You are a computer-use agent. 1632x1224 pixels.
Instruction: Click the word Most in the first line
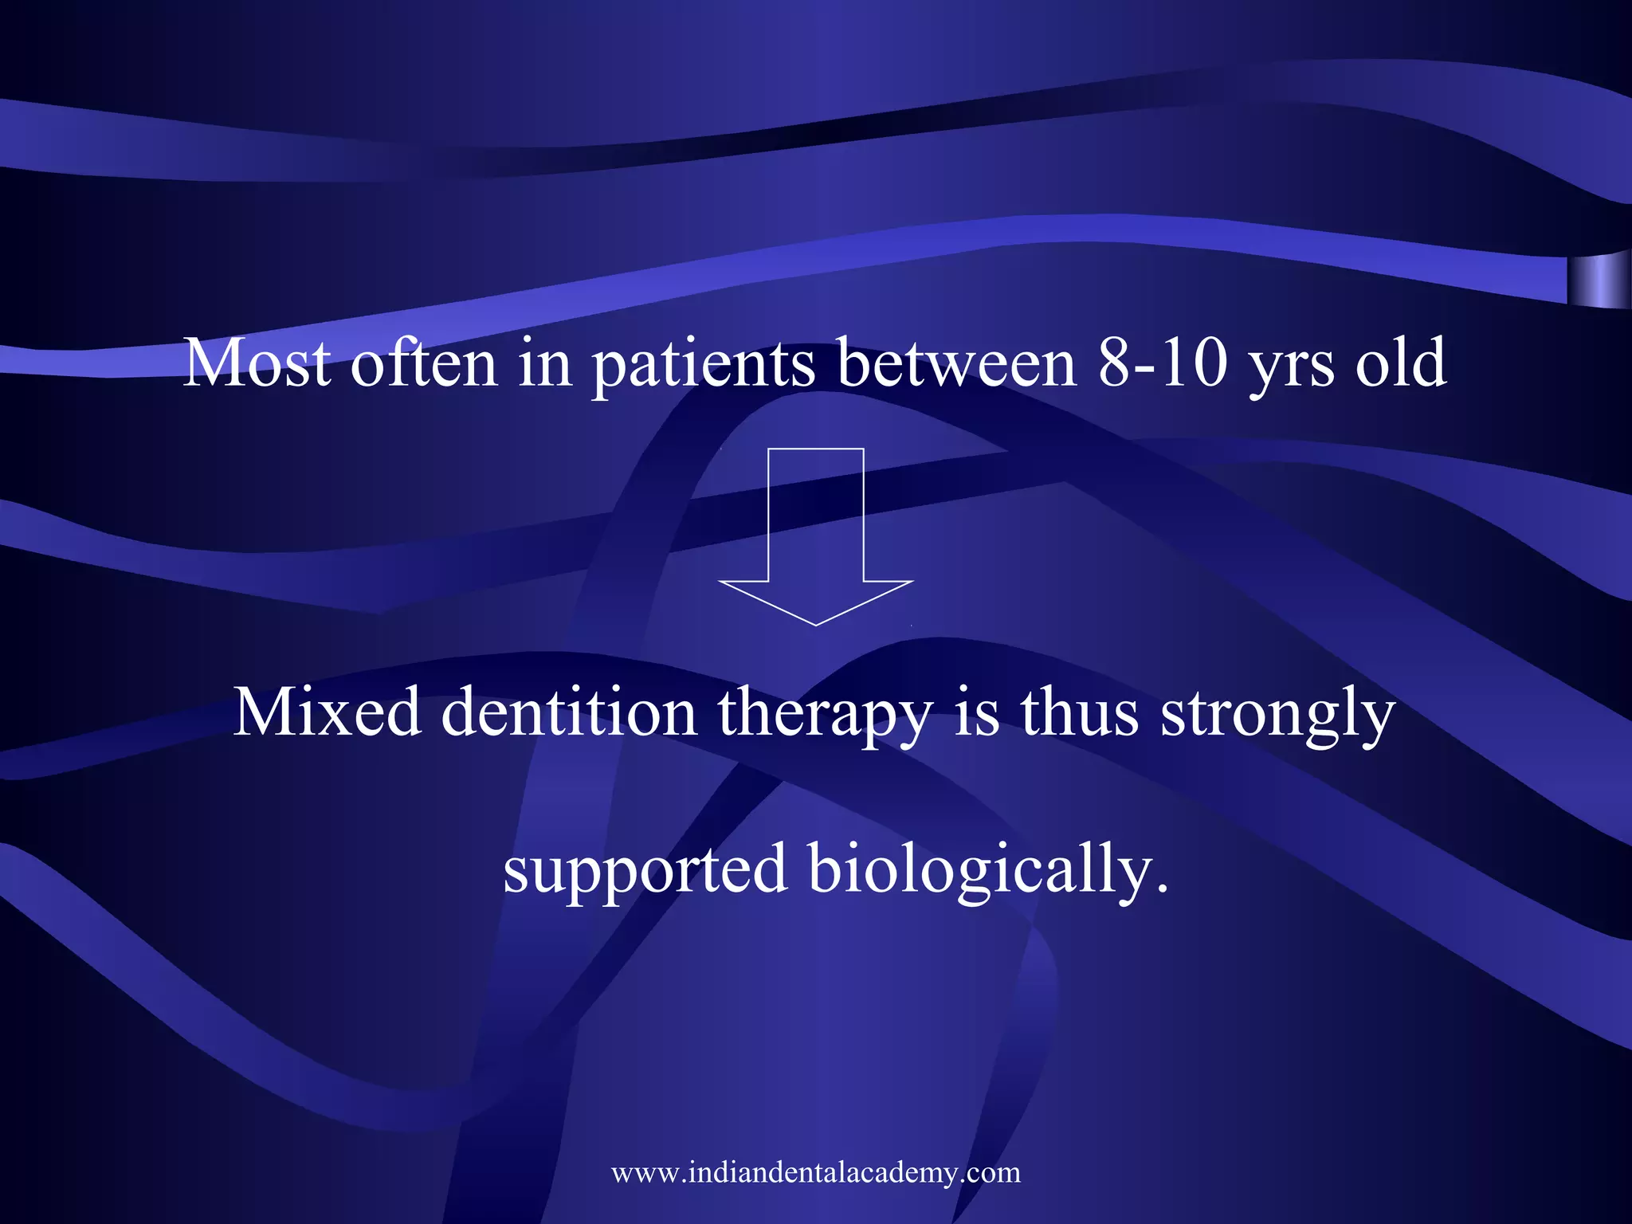(257, 363)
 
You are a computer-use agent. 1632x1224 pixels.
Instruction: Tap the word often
(424, 363)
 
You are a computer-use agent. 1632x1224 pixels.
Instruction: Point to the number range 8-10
(1163, 363)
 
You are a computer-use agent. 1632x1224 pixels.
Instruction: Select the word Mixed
(327, 712)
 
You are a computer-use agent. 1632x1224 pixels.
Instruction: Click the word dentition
(569, 712)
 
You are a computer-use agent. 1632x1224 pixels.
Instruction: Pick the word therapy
(825, 716)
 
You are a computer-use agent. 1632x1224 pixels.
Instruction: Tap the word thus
(1080, 712)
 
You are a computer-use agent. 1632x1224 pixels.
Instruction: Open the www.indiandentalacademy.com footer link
(815, 1172)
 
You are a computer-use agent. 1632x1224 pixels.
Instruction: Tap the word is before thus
(976, 712)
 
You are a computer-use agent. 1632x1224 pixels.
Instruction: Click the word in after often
(545, 363)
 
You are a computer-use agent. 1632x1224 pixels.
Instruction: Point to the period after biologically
(1162, 889)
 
